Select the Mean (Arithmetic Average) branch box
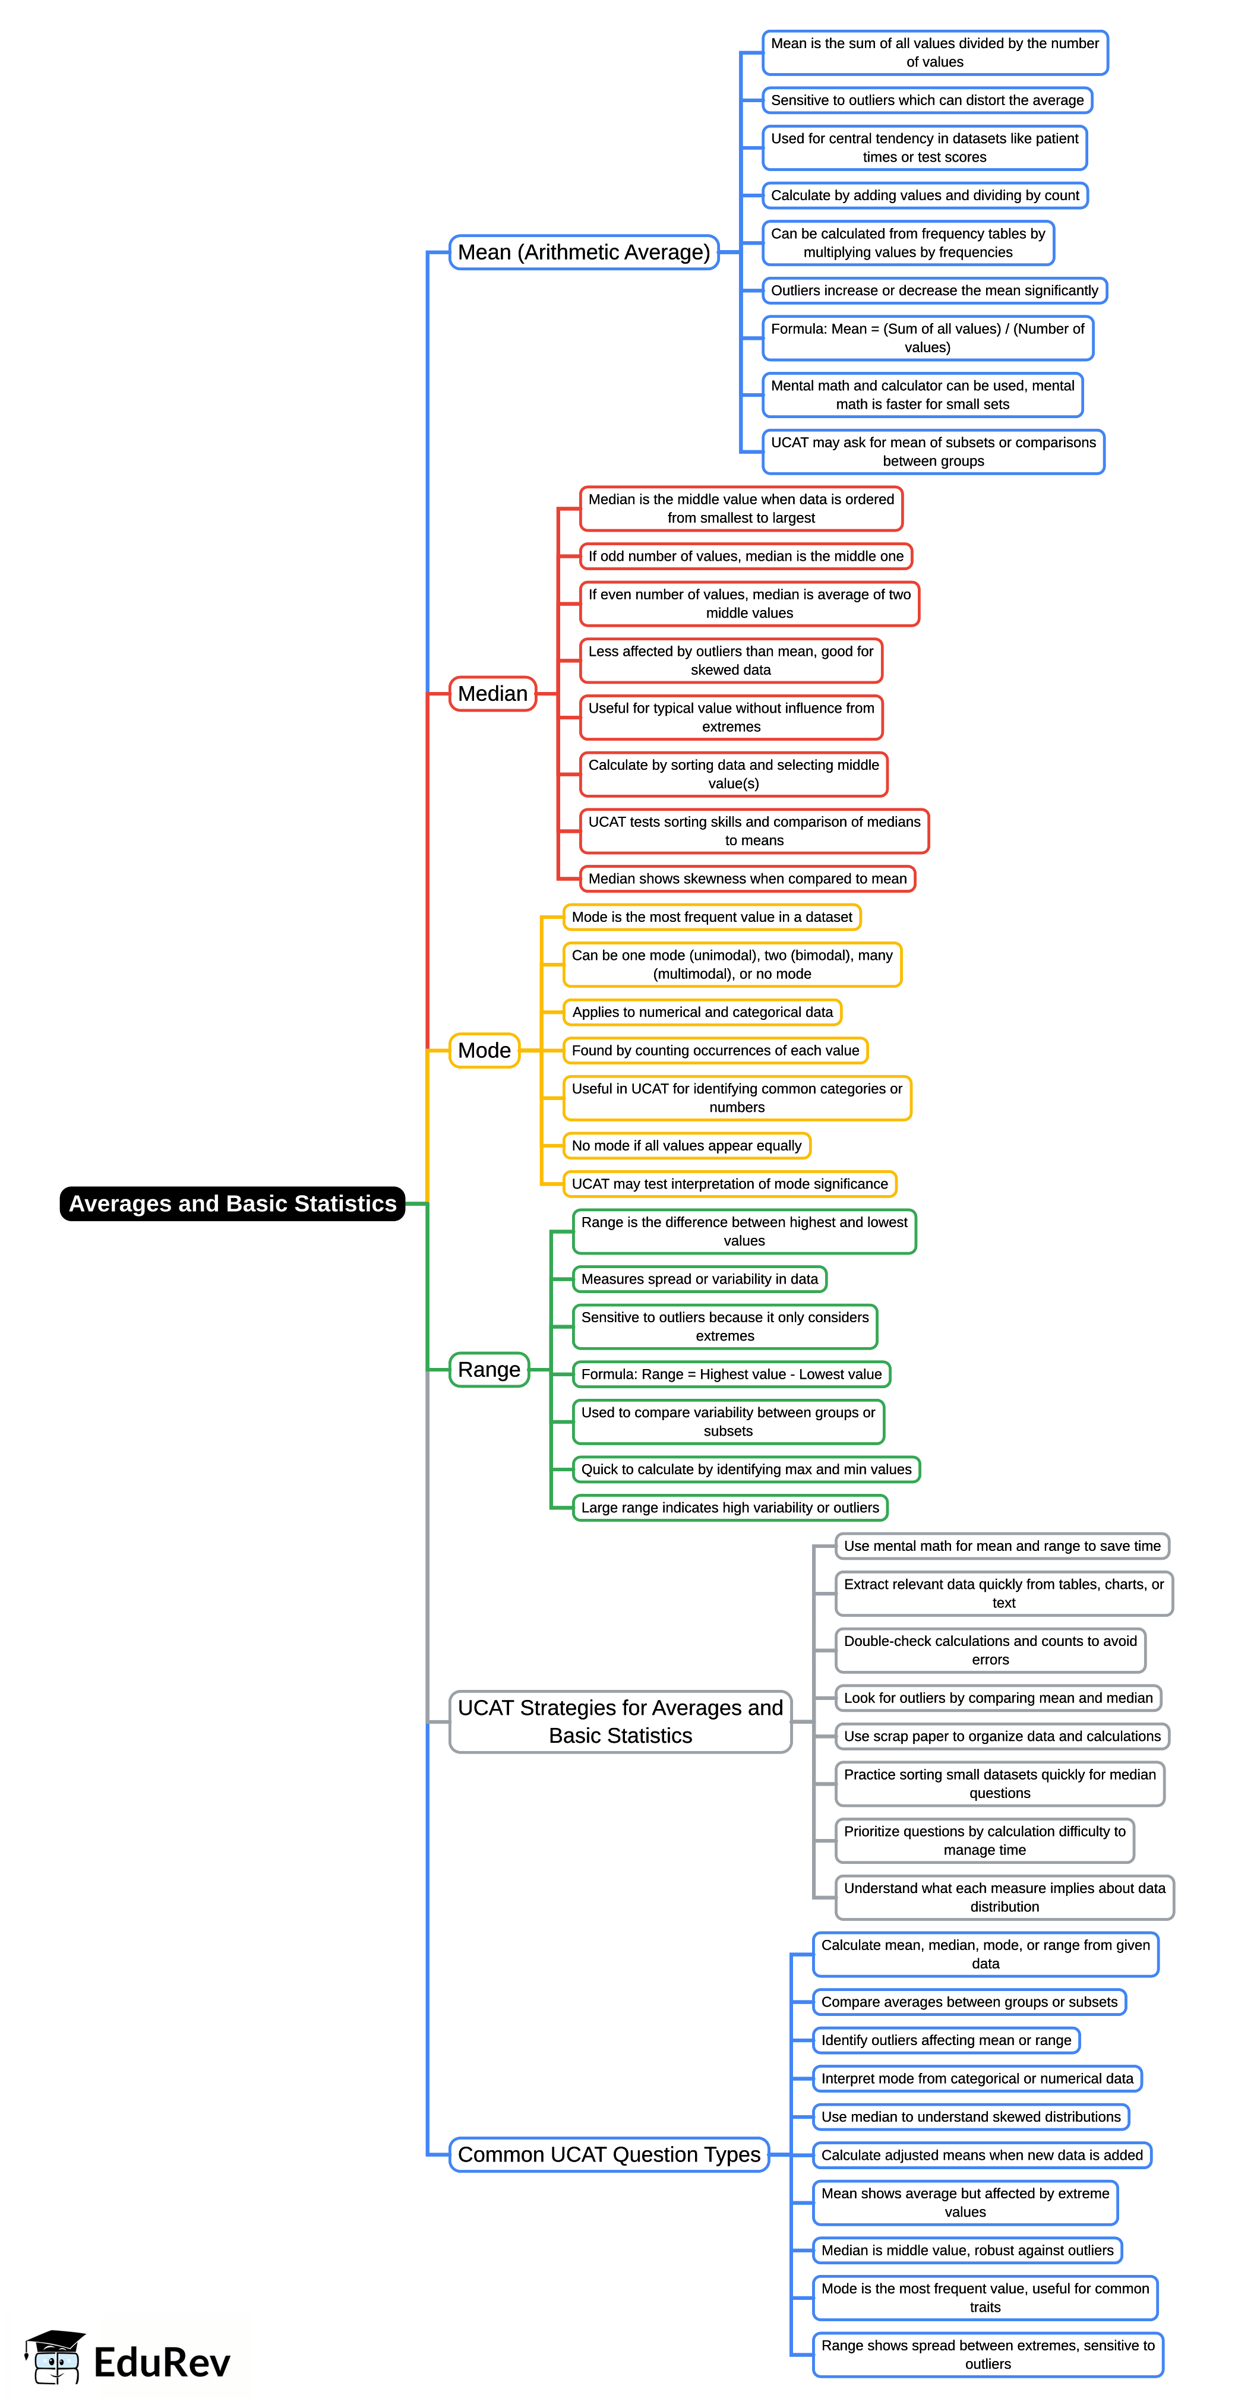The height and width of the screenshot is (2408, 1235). [x=583, y=252]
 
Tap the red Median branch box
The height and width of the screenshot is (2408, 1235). [x=492, y=694]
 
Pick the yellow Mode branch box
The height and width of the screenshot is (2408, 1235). [x=484, y=1051]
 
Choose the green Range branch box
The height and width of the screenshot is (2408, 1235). [x=489, y=1370]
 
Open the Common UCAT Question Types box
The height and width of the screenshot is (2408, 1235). [x=609, y=2155]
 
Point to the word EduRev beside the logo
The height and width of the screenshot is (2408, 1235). [x=162, y=2362]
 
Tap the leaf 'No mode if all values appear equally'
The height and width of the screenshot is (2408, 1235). [x=686, y=1145]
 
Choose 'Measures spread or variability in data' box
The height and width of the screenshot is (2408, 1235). [x=699, y=1279]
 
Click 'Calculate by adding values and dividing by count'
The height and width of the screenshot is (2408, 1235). [x=924, y=195]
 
